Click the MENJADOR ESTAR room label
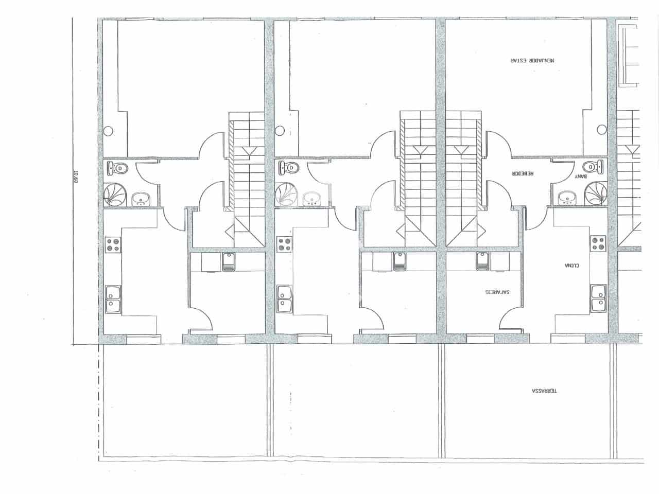tap(532, 60)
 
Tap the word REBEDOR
tap(523, 174)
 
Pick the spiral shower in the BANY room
tap(595, 194)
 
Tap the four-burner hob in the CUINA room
tap(598, 243)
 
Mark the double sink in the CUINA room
tap(598, 299)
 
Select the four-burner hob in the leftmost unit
tap(113, 244)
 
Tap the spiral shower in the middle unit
tap(285, 195)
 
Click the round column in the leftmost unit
tap(108, 131)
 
